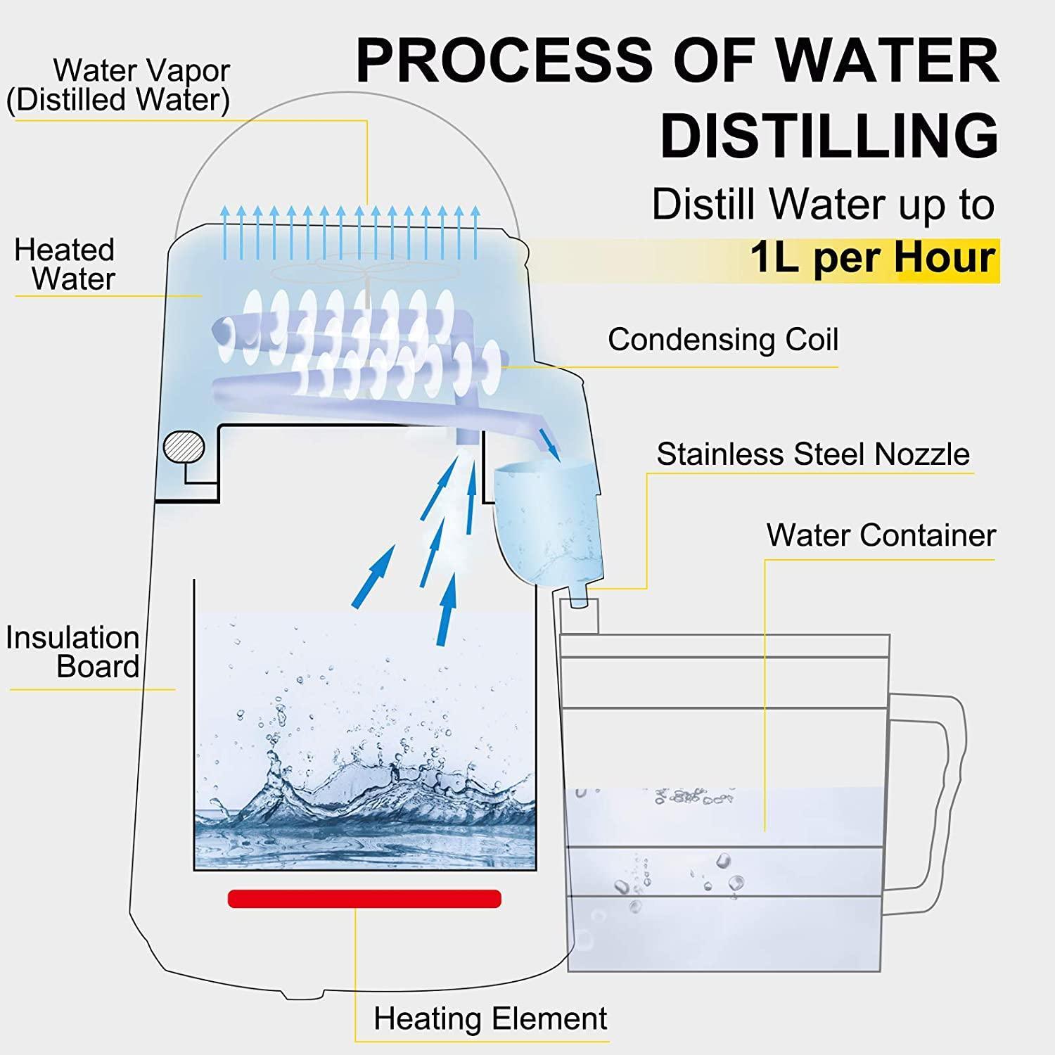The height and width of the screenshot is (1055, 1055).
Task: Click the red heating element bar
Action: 364,898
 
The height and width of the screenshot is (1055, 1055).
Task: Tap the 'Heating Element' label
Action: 490,1018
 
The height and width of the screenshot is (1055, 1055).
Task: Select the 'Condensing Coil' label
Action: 722,340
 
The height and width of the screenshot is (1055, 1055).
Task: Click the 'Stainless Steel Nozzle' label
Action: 812,454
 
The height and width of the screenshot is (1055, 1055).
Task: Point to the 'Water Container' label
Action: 881,535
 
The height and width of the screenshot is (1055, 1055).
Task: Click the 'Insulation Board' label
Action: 73,652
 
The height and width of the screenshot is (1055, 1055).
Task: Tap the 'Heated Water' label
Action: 65,264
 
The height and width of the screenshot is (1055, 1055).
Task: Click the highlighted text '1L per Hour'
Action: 872,257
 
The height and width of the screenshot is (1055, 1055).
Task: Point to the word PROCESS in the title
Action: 505,60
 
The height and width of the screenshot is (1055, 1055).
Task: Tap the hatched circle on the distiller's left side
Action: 184,446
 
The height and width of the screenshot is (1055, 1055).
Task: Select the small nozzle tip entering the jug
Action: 578,601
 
